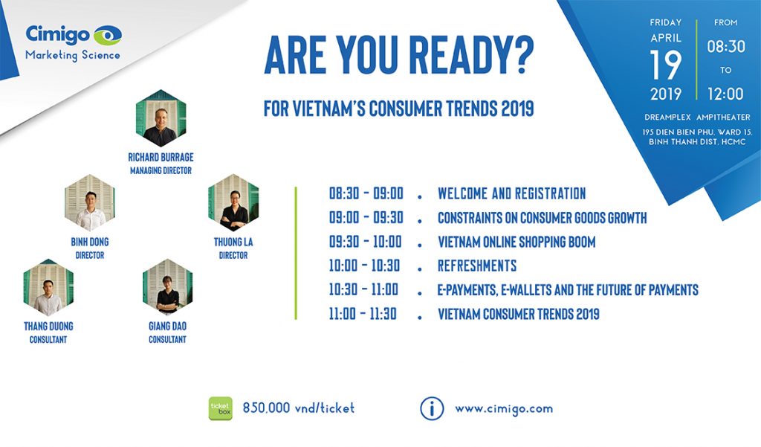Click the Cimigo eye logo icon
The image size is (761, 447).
tap(107, 36)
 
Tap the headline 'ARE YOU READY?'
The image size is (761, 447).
tap(399, 55)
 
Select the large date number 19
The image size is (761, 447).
tap(665, 65)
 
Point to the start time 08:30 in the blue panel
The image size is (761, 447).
tap(725, 47)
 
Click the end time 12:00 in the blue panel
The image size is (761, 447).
tap(725, 94)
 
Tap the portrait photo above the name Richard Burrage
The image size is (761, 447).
tap(161, 118)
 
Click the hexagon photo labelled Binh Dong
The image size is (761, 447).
tap(90, 202)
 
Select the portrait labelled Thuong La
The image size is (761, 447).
tap(233, 202)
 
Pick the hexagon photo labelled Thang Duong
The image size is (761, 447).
tap(48, 287)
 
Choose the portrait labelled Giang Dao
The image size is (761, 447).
tap(167, 287)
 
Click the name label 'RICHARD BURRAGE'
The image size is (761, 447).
tap(161, 158)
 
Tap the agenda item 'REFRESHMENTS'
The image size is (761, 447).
tap(477, 266)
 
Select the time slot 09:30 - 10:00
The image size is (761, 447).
tap(366, 242)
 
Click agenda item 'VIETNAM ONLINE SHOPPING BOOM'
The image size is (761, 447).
tap(516, 242)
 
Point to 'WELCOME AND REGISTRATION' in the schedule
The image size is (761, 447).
tap(511, 193)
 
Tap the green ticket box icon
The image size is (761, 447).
tap(220, 408)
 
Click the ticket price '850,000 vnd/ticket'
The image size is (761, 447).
tap(299, 408)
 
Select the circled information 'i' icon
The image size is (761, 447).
tap(432, 408)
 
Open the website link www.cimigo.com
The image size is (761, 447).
tap(504, 408)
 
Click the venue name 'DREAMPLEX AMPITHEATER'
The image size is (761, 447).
tap(697, 117)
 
